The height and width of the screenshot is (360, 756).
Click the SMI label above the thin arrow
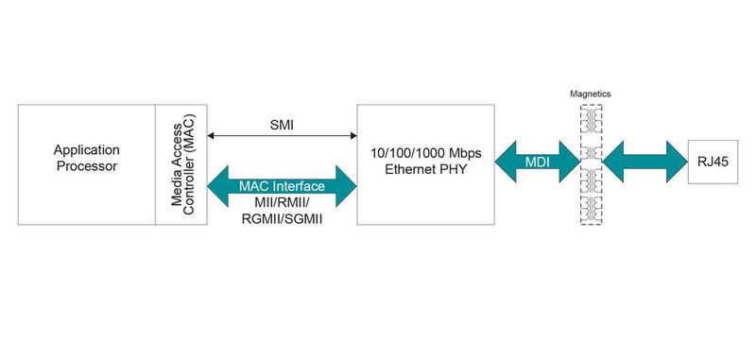tap(283, 123)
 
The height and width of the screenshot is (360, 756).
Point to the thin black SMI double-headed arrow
tap(283, 138)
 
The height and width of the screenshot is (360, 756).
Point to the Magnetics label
tap(592, 94)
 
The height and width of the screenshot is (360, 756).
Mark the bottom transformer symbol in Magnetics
tap(592, 210)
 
